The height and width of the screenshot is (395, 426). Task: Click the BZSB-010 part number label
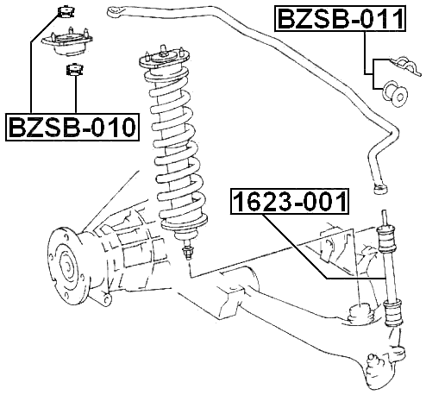[x=72, y=127]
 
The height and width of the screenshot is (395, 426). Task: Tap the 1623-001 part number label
[x=291, y=204]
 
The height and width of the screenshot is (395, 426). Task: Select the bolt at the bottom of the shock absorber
[x=188, y=254]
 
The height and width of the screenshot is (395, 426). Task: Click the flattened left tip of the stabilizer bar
[x=112, y=11]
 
